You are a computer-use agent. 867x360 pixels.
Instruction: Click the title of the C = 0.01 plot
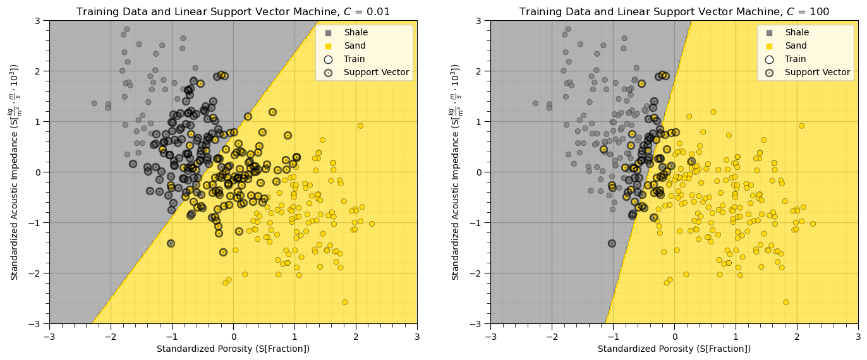click(x=233, y=11)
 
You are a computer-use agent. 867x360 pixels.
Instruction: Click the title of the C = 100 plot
click(x=674, y=11)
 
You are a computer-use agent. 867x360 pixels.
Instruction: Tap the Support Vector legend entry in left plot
click(x=377, y=73)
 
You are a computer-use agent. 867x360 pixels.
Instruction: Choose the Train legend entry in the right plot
click(x=796, y=59)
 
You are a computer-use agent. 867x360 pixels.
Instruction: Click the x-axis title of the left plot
click(x=233, y=349)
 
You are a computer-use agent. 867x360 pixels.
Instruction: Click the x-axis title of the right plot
click(x=674, y=349)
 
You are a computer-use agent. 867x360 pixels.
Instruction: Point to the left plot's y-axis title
click(x=15, y=172)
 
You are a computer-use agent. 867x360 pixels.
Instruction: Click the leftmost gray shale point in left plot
click(x=94, y=104)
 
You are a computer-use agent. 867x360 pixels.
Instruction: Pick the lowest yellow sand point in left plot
click(x=344, y=302)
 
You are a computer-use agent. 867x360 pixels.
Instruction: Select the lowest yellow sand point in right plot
click(x=785, y=302)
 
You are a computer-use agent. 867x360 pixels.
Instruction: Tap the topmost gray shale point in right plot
click(x=567, y=29)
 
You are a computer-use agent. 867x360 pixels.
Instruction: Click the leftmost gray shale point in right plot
click(x=535, y=104)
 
